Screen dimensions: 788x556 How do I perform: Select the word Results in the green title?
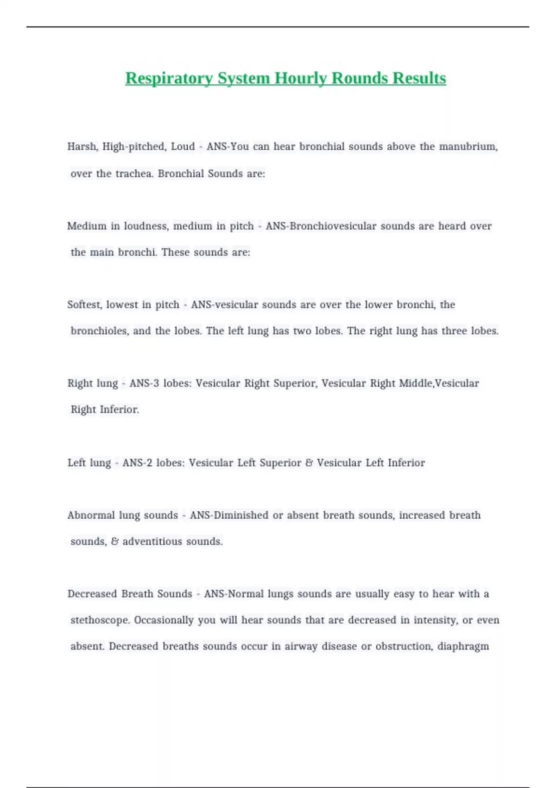pyautogui.click(x=419, y=78)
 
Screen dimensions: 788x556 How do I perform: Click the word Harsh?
pyautogui.click(x=82, y=147)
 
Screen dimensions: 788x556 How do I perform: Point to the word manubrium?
pyautogui.click(x=468, y=147)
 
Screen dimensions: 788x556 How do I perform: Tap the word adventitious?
pyautogui.click(x=152, y=541)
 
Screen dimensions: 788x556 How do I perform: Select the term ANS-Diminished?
pyautogui.click(x=229, y=515)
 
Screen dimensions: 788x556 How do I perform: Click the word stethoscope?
pyautogui.click(x=100, y=620)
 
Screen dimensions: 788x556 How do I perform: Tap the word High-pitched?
pyautogui.click(x=133, y=147)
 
